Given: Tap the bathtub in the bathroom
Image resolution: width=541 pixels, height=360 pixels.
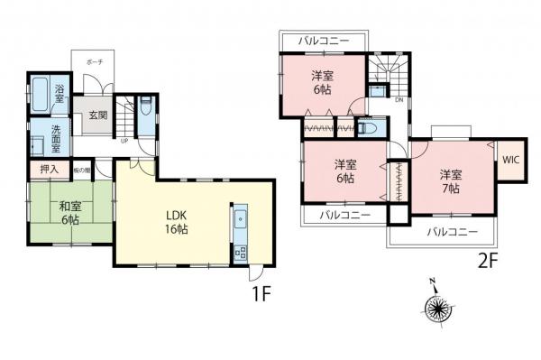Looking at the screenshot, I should (x=41, y=93).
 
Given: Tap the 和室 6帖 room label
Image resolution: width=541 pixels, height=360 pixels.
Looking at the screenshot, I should (x=69, y=213).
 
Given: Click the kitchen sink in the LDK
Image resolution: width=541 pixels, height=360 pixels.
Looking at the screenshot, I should (x=240, y=219).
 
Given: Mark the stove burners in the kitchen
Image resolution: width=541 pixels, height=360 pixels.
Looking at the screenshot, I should (x=240, y=254).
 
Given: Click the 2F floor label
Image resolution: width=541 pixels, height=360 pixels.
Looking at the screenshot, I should (x=488, y=263).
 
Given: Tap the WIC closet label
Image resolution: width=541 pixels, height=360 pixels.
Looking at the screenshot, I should (x=510, y=161).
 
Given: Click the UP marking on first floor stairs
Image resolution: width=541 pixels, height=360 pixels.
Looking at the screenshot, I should (x=124, y=140).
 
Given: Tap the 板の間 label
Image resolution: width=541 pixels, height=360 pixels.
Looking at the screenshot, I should (x=81, y=170).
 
